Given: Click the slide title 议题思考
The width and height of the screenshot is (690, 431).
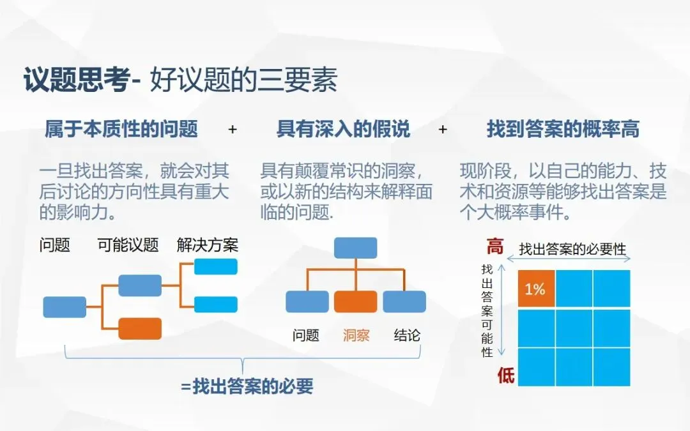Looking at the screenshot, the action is pos(77,82).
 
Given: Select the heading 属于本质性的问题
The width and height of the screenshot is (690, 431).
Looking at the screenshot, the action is pos(121,130).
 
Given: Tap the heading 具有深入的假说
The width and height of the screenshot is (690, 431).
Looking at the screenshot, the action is pos(343,130).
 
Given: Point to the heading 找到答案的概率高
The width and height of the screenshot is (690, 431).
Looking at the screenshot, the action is pos(563,130).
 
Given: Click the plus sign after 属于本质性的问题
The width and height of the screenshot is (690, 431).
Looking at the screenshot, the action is pos(233,130).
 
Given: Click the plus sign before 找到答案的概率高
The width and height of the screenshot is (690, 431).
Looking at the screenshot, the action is pos(443,130).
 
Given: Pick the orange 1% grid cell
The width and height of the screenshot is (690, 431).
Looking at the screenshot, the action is pos(535,289).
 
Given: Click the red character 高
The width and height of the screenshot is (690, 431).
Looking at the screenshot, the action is pos(495,246).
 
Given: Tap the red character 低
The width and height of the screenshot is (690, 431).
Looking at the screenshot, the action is pos(505,375).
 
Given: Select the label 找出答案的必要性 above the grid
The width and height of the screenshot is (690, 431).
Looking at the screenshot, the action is pos(572,249).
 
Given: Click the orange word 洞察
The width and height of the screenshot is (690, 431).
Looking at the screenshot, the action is pos(356,335).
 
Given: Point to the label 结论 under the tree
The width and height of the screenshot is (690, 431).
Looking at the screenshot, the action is pos(407,335).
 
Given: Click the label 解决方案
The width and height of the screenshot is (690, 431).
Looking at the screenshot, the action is pos(208,245).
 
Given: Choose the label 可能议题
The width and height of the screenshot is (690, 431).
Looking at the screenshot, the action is pos(128,245).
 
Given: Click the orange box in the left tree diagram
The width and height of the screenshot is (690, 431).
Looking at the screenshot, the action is pos(140,328).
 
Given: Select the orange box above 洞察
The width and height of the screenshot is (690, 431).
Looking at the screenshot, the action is pos(355,301).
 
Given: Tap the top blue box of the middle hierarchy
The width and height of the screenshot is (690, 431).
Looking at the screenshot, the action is pos(355,248).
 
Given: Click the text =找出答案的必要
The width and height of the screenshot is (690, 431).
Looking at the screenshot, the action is pos(247,386).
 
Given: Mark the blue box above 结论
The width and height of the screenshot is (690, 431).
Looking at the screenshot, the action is pos(404,301).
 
